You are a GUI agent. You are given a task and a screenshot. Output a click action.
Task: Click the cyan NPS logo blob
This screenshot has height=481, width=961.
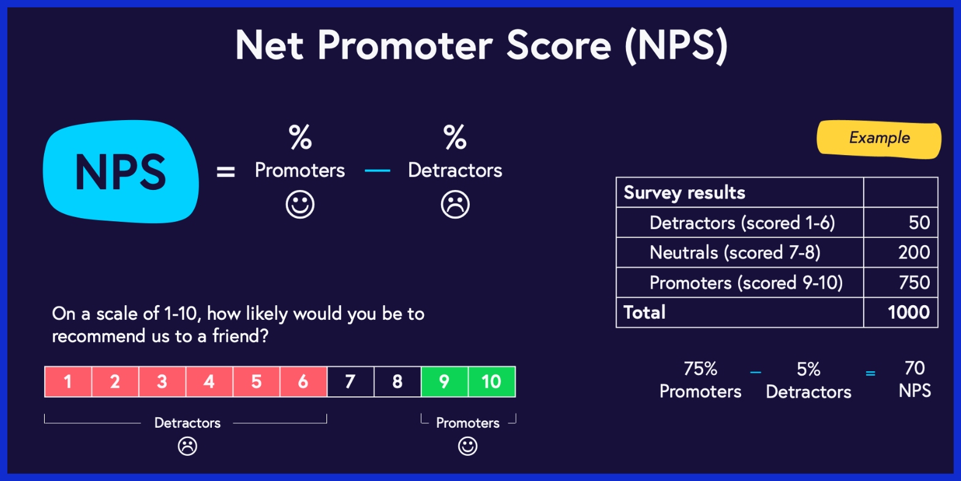coord(121,172)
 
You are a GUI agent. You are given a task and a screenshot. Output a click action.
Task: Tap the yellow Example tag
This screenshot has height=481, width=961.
coord(879,138)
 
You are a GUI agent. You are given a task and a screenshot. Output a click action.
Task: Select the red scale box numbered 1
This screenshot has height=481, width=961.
coord(68,382)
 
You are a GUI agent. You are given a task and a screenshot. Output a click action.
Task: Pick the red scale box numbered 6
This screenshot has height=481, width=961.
coord(303,382)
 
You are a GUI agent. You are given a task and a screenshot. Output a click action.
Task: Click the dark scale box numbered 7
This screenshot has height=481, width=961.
coord(350,382)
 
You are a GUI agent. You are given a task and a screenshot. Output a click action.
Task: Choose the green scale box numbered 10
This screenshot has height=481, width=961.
coord(492,382)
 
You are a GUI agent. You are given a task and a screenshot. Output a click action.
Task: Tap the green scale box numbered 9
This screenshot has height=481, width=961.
coord(445,382)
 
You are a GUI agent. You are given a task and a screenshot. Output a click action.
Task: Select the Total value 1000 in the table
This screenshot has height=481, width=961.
coord(909,312)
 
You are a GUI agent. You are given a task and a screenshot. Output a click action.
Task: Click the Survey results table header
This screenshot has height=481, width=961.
coord(684,192)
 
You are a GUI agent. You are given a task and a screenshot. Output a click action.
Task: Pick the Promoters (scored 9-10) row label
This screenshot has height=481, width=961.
coord(746,282)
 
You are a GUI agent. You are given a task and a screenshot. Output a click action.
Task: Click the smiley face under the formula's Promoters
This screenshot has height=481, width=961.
coord(300,204)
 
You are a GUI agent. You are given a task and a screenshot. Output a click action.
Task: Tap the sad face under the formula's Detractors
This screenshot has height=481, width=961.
coord(455,204)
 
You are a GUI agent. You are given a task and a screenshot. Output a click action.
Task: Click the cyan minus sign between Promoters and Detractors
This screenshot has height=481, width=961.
coord(377,171)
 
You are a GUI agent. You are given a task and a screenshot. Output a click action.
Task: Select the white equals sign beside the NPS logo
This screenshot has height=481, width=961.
coord(225,172)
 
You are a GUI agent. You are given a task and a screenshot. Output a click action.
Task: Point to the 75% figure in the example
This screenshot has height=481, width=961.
coord(700,369)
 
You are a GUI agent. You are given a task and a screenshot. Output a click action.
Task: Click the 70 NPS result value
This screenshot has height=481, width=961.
coord(914,368)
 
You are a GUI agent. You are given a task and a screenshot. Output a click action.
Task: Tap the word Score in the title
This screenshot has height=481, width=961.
coord(559,45)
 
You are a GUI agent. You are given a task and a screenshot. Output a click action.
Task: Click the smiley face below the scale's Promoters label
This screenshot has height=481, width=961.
coord(467,446)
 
